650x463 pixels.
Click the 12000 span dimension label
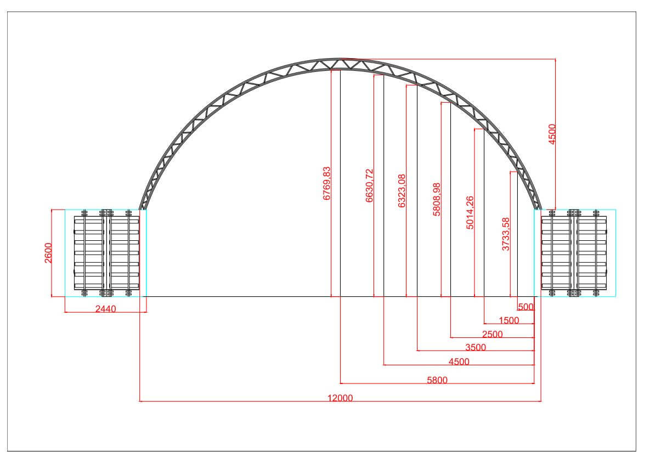click(x=340, y=398)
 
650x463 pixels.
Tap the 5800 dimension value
click(x=437, y=380)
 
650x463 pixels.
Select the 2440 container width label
click(x=106, y=309)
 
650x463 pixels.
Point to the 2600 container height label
click(x=48, y=253)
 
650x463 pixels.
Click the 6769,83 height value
click(x=327, y=183)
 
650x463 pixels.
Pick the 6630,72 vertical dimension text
click(x=369, y=185)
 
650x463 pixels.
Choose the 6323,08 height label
click(x=402, y=191)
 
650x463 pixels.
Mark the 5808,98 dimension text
click(x=437, y=199)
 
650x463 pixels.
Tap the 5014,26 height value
click(x=470, y=213)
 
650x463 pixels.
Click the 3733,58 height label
click(x=506, y=234)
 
